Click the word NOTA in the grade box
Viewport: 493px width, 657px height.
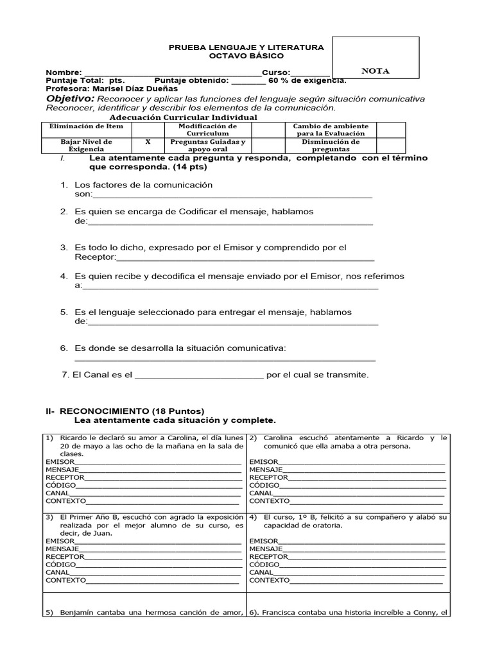tap(376, 71)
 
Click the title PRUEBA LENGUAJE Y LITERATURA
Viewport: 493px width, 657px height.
tap(246, 47)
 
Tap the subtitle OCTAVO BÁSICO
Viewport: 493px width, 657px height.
tap(246, 56)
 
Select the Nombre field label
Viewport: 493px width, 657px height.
tap(64, 73)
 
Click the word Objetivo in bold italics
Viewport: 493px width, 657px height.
tap(70, 99)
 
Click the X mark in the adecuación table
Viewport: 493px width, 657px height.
tap(148, 142)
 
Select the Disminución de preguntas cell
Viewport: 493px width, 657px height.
tap(331, 145)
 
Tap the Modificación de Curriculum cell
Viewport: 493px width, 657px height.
tap(207, 130)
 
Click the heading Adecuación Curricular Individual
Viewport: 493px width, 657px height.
tap(184, 117)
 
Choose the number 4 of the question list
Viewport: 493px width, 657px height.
tap(64, 277)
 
